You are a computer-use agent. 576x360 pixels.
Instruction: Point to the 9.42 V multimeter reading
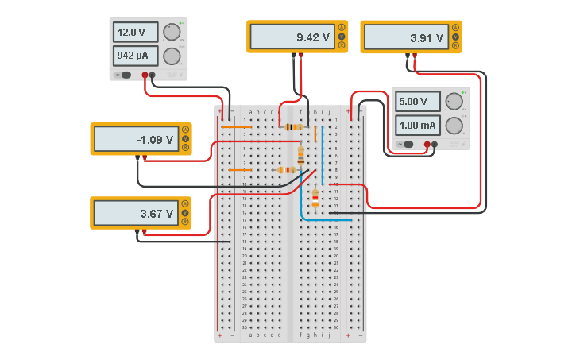click(291, 37)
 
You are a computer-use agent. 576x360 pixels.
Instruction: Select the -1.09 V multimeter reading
click(135, 140)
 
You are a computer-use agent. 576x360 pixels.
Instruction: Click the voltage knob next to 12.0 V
click(172, 33)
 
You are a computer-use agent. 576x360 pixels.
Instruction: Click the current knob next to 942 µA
click(172, 56)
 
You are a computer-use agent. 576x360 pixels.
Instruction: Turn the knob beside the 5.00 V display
click(454, 102)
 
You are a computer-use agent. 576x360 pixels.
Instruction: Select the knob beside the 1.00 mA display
click(454, 126)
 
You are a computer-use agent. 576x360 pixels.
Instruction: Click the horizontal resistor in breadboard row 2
click(293, 126)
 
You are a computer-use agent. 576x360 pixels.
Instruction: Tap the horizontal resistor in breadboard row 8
click(287, 170)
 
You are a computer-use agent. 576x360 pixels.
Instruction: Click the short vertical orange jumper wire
click(315, 134)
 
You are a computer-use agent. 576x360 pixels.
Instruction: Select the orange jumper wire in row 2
click(236, 126)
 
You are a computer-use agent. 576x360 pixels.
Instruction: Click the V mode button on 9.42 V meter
click(342, 37)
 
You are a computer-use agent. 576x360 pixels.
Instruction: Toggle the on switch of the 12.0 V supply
click(125, 75)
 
